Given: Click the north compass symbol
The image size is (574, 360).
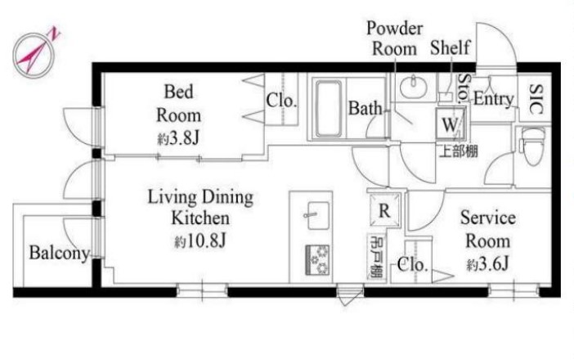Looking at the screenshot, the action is [x=34, y=54].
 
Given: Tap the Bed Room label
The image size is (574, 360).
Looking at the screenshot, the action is [x=178, y=103].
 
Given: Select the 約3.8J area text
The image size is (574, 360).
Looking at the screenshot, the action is [x=178, y=138].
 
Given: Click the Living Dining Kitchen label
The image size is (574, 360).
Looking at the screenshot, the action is [x=200, y=207].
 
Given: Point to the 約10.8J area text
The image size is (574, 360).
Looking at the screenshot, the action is [x=200, y=241].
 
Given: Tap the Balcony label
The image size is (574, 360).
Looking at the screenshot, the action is [x=60, y=253].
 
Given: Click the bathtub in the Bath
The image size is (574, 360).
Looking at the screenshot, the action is [x=329, y=109].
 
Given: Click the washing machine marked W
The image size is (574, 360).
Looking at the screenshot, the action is [x=450, y=124].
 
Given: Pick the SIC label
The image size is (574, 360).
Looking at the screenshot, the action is [x=536, y=99].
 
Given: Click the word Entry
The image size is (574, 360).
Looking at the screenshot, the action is [x=494, y=99].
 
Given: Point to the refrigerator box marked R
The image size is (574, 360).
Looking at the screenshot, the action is [x=384, y=210].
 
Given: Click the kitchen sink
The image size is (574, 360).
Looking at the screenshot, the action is [x=318, y=215].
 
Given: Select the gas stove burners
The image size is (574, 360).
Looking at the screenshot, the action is [x=317, y=260].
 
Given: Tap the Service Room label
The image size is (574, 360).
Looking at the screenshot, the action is [x=488, y=229].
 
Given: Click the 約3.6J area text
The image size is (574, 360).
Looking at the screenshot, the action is [x=487, y=263].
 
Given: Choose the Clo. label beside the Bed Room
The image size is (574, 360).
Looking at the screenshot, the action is [x=280, y=101].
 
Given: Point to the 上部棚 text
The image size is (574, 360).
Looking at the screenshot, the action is [x=459, y=151].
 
